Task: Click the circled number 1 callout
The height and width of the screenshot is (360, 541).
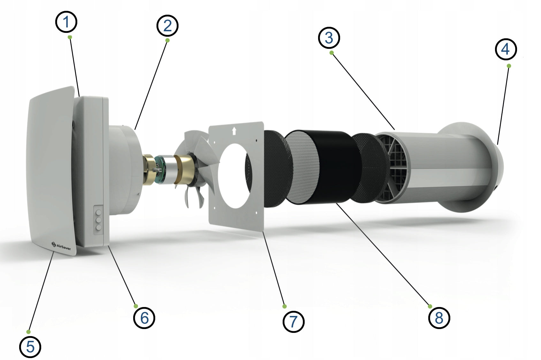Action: [66, 22]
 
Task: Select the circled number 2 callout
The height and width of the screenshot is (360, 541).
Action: [167, 26]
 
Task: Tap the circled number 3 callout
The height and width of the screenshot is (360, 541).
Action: [329, 38]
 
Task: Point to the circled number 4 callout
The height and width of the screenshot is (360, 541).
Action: [506, 49]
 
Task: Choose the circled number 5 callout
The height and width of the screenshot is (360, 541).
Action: [30, 347]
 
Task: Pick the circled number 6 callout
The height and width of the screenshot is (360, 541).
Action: [144, 318]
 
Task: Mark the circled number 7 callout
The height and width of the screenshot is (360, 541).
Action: [293, 322]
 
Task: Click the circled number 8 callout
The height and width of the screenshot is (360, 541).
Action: [439, 318]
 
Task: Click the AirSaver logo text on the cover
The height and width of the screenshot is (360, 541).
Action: [64, 247]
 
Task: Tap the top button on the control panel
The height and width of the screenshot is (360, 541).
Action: [99, 213]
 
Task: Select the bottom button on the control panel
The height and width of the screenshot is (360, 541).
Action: [99, 228]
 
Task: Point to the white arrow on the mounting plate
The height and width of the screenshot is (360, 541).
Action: [234, 131]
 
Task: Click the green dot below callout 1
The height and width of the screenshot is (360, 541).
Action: [70, 37]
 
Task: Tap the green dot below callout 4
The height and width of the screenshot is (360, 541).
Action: [509, 66]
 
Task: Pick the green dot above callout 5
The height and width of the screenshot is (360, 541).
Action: [28, 332]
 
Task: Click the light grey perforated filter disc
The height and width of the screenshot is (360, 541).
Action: [302, 167]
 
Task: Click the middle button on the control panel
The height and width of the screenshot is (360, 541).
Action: [99, 220]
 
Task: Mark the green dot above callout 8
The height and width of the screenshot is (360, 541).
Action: [430, 306]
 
